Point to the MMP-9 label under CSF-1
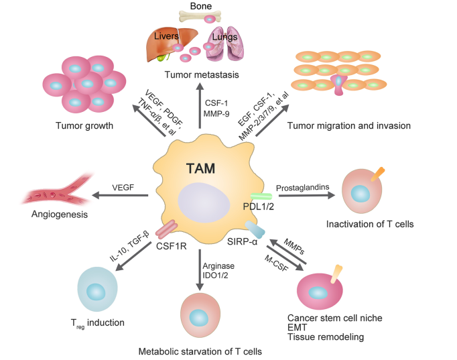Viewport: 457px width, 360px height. (217, 115)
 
